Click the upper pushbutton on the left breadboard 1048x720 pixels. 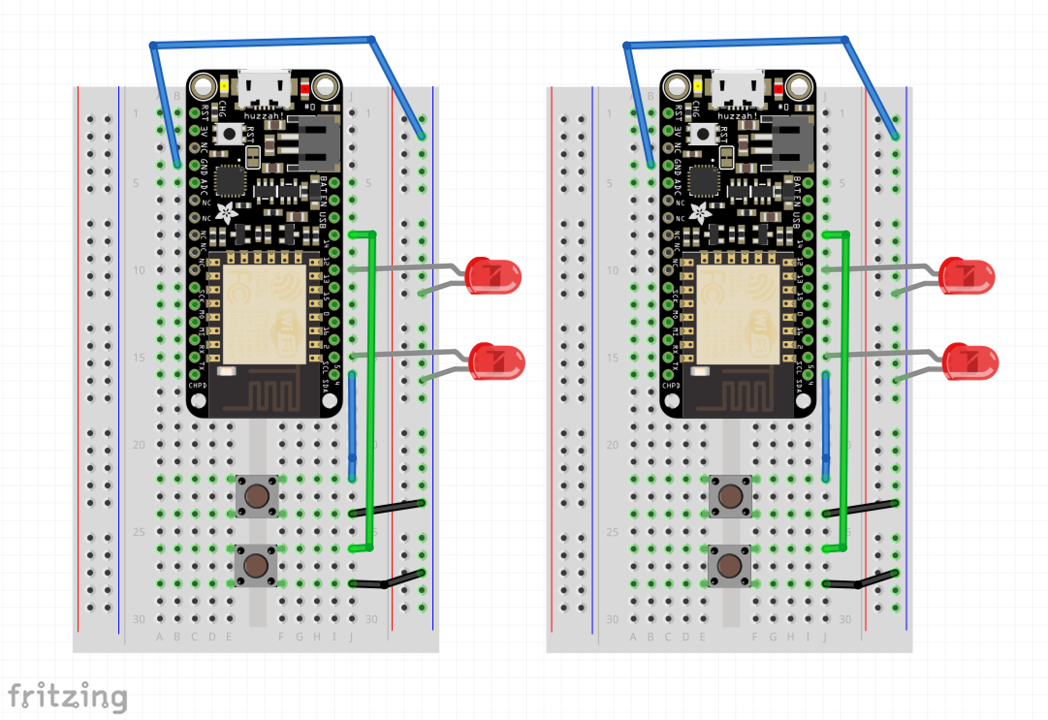[257, 496]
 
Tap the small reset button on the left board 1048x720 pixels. [230, 133]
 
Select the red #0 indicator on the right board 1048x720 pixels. [778, 89]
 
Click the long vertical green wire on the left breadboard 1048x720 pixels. [372, 388]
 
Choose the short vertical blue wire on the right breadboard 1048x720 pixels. [826, 426]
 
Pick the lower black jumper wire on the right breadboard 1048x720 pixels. [860, 580]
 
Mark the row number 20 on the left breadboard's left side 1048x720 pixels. [139, 445]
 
